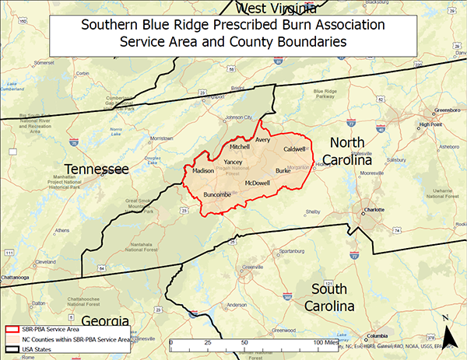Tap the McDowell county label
[x=257, y=183]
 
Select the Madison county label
[x=202, y=170]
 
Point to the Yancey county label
[x=233, y=162]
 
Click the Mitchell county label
[x=240, y=147]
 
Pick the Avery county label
[x=262, y=141]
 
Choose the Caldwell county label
[x=294, y=149]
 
